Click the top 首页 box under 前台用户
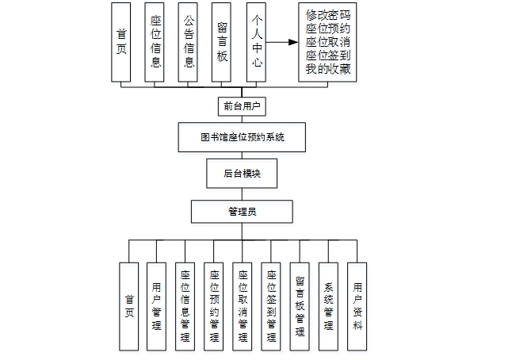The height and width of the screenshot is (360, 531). pos(121,42)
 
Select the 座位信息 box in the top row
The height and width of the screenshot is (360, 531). pos(155,42)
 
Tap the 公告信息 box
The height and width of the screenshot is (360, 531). pos(188,42)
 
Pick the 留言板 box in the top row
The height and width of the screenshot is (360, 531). pos(222,42)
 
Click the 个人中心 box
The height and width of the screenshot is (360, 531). pos(255,42)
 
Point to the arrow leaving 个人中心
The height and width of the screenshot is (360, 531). pos(281,42)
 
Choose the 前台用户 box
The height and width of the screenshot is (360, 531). pos(242,106)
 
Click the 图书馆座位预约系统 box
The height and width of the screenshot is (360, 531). pos(242,137)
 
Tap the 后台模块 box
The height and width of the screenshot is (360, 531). pos(242,174)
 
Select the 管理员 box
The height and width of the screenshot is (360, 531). pos(242,212)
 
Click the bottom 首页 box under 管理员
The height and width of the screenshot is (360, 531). pos(129,306)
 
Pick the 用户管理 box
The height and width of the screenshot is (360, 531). pos(157,306)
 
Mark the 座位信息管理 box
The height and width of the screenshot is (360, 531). pos(185,306)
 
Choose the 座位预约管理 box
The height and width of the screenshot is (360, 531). pos(214,306)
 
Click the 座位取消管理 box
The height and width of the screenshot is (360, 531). pos(243,306)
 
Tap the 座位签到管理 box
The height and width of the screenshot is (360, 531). pos(272,306)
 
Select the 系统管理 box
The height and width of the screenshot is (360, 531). pos(329,306)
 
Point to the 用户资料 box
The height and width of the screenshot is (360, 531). pos(357,306)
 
